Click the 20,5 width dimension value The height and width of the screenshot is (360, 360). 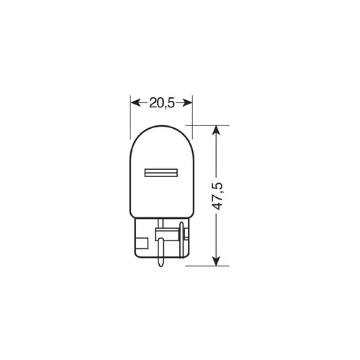coord(161,103)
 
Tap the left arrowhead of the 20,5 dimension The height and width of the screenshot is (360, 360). coord(135,103)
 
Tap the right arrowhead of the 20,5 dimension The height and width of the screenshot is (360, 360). coord(188,103)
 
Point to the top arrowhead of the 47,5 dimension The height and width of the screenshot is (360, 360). coord(217,130)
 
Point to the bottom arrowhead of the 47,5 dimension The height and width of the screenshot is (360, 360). coord(217,261)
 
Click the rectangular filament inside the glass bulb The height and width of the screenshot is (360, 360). coord(161,173)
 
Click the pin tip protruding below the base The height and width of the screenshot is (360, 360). coord(161,263)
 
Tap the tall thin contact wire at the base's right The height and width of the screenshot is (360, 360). coord(181,240)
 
